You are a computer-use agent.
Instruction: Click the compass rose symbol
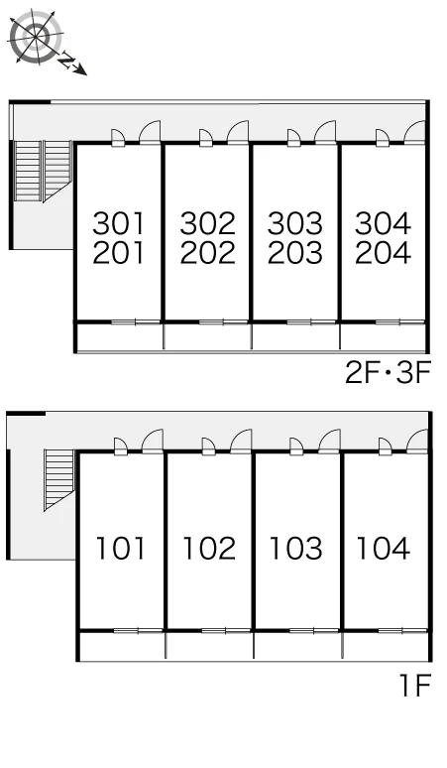tap(37, 36)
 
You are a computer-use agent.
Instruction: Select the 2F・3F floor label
tap(388, 373)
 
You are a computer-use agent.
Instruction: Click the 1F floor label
tap(415, 685)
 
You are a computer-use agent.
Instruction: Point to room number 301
tap(119, 223)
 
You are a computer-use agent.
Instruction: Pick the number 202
tap(207, 253)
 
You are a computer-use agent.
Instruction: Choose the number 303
tap(295, 223)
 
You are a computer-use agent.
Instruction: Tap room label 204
tap(383, 253)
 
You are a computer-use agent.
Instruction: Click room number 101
tap(120, 548)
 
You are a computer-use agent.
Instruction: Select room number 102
tap(209, 548)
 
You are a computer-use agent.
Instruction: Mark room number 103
tap(296, 548)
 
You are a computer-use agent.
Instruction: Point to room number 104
tap(384, 548)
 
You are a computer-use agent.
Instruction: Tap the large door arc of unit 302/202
tap(239, 131)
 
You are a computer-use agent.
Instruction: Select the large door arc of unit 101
tap(153, 441)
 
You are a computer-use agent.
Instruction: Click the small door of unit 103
tap(296, 446)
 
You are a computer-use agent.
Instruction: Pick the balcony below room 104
tap(386, 646)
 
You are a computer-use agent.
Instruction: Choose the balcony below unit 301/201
tap(120, 336)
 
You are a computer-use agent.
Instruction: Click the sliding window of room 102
tap(226, 630)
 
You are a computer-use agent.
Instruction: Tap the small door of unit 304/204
tap(383, 138)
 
